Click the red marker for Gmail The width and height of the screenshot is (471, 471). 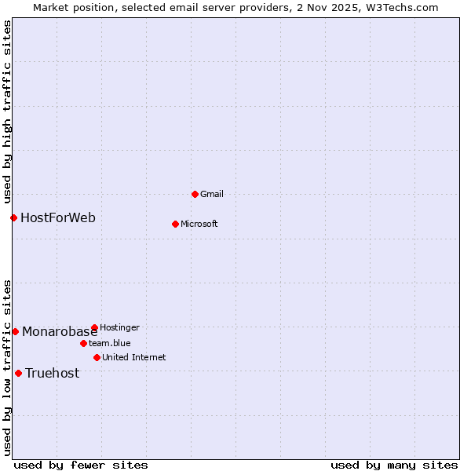pos(195,194)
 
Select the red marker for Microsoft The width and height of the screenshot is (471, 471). pos(175,224)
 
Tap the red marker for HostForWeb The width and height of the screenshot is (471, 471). pos(13,217)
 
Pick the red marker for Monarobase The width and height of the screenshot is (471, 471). pos(15,331)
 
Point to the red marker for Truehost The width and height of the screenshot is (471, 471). pos(18,373)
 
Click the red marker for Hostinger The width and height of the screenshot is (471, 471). pos(94,327)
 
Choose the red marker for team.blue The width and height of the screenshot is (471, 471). pos(83,343)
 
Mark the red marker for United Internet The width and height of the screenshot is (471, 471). pos(97,357)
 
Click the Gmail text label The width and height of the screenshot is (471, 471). pos(212,194)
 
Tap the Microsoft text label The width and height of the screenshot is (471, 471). pos(199,224)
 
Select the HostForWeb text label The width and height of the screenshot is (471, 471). pos(58,217)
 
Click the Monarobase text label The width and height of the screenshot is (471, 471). pos(60,331)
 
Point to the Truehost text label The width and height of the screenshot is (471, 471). pos(53,373)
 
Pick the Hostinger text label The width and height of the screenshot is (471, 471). pos(119,327)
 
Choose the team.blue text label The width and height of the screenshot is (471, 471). pos(110,343)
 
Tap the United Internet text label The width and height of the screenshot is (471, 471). pos(134,357)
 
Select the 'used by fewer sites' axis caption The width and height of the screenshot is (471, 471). pos(81,465)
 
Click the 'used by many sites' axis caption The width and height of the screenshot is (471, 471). pos(394,465)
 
